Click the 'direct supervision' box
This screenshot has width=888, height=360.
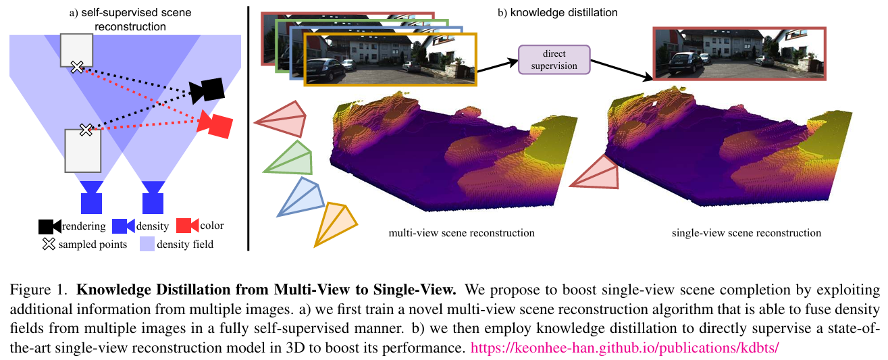click(x=554, y=59)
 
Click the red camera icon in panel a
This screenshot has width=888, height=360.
click(x=215, y=125)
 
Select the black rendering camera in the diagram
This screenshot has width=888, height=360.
click(x=207, y=91)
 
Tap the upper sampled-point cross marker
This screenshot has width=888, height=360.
click(x=78, y=66)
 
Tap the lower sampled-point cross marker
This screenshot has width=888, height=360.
click(x=86, y=129)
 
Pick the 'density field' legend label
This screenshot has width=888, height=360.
click(x=185, y=244)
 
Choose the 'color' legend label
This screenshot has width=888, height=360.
click(x=211, y=226)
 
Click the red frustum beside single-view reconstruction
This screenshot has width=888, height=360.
click(x=598, y=172)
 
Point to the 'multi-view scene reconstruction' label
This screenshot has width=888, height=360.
click(x=461, y=233)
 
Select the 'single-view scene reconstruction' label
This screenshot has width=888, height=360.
click(x=746, y=233)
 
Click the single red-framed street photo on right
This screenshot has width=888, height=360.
click(x=739, y=54)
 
